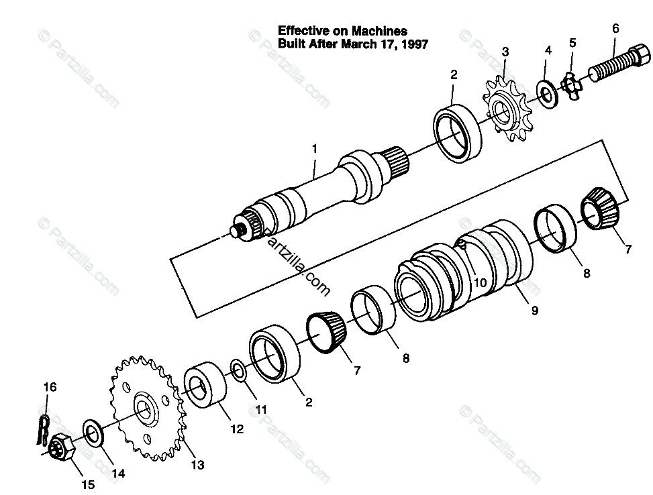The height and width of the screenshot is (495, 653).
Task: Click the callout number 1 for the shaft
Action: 315,148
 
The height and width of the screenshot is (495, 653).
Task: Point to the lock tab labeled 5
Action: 570,83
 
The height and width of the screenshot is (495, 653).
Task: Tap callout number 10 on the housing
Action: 479,282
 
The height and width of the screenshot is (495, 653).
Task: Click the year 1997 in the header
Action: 414,44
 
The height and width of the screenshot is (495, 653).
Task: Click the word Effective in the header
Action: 301,31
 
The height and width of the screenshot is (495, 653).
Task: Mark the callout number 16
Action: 50,387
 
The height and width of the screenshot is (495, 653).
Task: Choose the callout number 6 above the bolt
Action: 615,28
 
